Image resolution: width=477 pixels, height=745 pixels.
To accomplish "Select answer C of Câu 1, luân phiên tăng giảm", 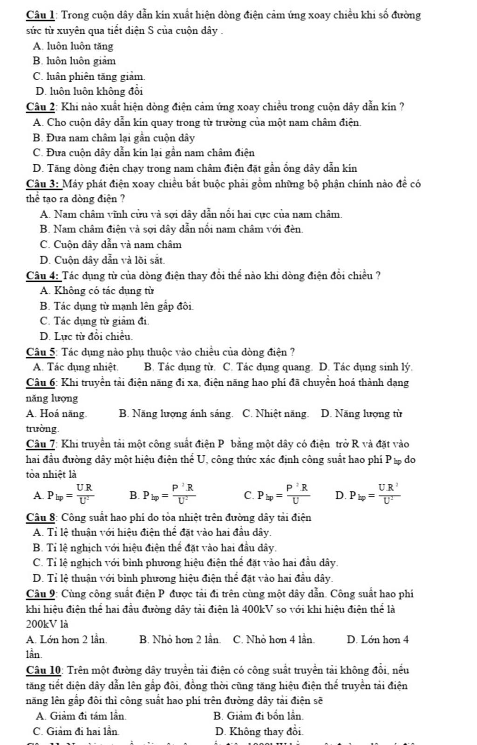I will point(89,76).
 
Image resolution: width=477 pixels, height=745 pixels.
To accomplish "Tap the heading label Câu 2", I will point(41,107).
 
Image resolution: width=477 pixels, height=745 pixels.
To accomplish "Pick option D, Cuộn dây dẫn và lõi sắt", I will point(102,260).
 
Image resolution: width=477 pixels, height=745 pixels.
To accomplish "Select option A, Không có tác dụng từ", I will point(97,291).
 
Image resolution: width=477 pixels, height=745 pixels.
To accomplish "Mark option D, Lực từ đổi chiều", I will point(86,336).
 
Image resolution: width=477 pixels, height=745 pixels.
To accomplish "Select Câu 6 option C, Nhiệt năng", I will point(275,414).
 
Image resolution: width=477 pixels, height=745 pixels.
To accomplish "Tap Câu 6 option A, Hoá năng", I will point(56,414).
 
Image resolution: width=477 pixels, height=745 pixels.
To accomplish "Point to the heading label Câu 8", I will point(41,517).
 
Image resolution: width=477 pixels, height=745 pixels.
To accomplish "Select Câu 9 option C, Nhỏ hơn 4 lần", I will point(273,640).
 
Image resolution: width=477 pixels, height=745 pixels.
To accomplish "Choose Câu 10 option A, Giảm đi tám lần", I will point(81,716).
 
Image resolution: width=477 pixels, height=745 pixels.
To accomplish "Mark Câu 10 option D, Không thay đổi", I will point(259,731).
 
